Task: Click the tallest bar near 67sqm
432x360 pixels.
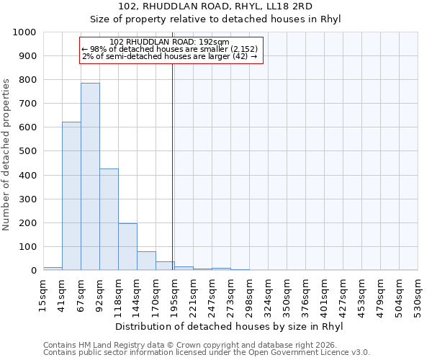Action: (x=90, y=176)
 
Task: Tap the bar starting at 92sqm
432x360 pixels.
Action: (x=109, y=220)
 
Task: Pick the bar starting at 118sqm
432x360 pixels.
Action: (x=127, y=247)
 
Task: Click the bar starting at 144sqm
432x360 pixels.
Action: (x=146, y=261)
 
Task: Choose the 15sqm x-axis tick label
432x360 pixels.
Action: (x=43, y=293)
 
